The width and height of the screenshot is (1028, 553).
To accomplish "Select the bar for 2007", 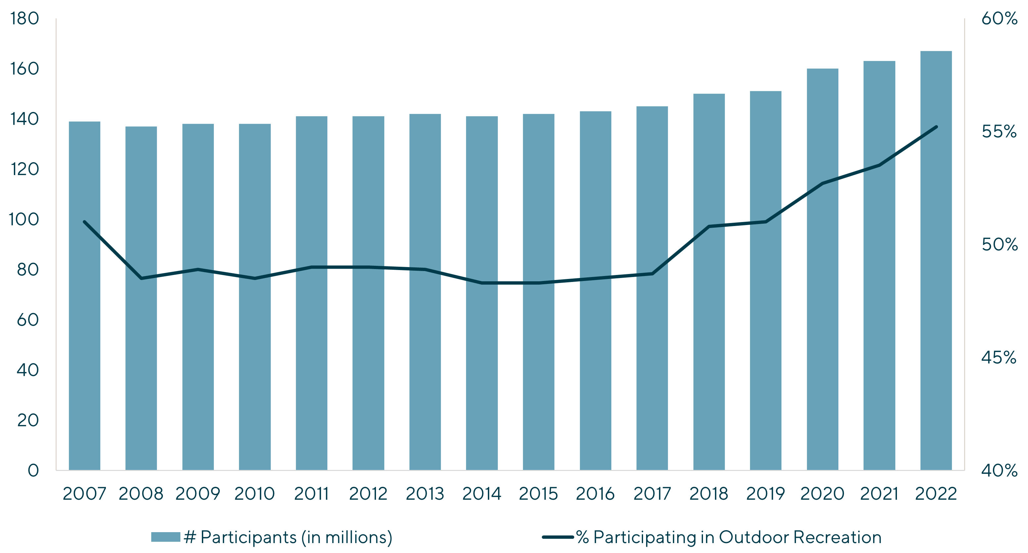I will click(85, 295).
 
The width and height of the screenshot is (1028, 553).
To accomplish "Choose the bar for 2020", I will click(822, 269).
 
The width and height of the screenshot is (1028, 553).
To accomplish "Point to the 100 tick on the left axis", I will click(25, 219).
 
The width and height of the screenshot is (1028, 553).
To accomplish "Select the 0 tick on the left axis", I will click(33, 470).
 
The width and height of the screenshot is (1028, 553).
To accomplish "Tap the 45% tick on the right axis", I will click(999, 357).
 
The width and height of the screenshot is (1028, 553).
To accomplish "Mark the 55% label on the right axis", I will click(999, 132).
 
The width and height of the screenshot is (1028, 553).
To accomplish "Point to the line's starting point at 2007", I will click(85, 221).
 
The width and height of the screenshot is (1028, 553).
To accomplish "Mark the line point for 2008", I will click(141, 278).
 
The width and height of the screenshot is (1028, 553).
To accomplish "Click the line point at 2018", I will click(709, 226).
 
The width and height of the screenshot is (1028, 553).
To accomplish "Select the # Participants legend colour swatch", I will click(165, 537).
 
